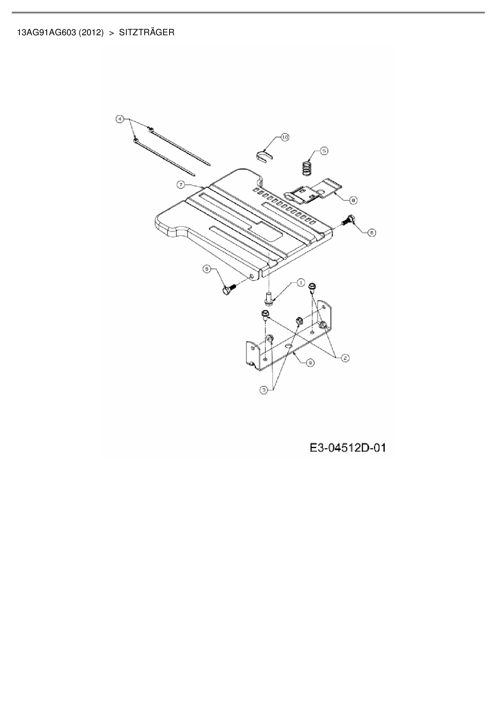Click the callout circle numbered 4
coord(119,119)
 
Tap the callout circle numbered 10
coord(285,137)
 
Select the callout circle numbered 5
coord(324,151)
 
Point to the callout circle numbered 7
coord(181,184)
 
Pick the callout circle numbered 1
coord(300,283)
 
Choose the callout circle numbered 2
coord(345,358)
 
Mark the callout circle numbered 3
coord(263,390)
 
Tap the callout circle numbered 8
coord(354,199)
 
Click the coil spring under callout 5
coord(307,168)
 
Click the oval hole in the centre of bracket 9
coord(289,345)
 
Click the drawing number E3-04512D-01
coord(347,447)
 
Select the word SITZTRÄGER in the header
coord(147,32)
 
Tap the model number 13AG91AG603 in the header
coord(46,32)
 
